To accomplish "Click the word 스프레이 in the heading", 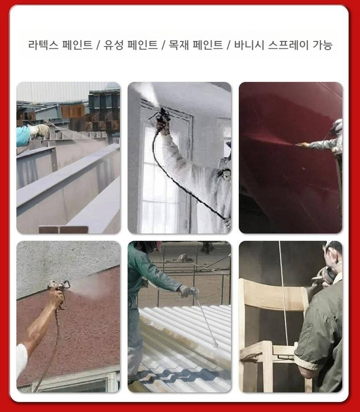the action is click(x=288, y=45).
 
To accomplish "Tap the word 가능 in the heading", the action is click(x=322, y=45).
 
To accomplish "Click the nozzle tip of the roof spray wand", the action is click(x=216, y=344).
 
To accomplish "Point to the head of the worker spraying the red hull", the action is click(x=338, y=126).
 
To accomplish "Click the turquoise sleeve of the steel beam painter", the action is click(x=24, y=136).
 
